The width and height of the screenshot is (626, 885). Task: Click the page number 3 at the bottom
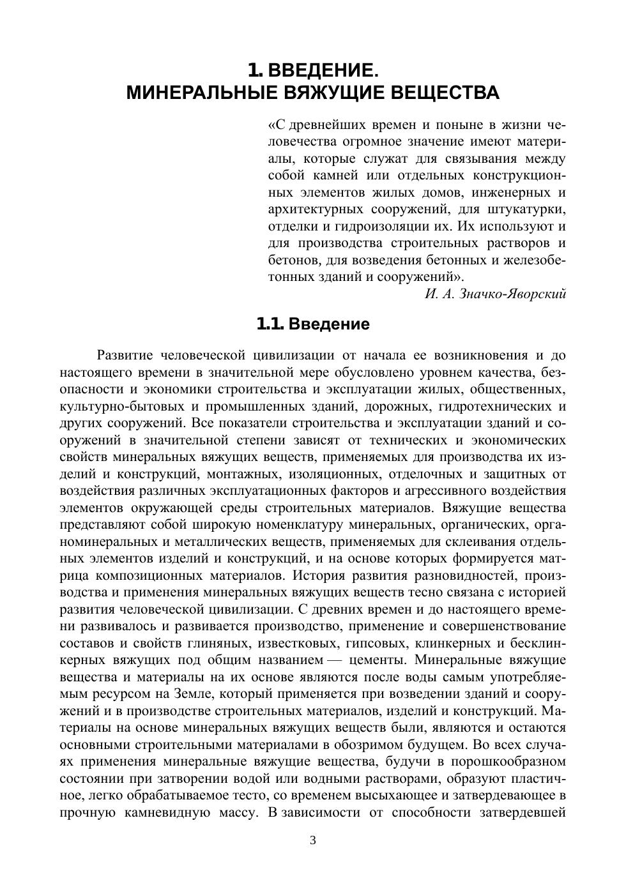click(313, 840)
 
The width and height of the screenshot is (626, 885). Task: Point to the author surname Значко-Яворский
click(513, 294)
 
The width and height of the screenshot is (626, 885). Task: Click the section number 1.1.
click(270, 324)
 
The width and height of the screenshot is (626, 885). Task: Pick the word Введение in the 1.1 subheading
click(329, 324)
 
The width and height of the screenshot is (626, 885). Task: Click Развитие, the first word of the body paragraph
click(125, 356)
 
